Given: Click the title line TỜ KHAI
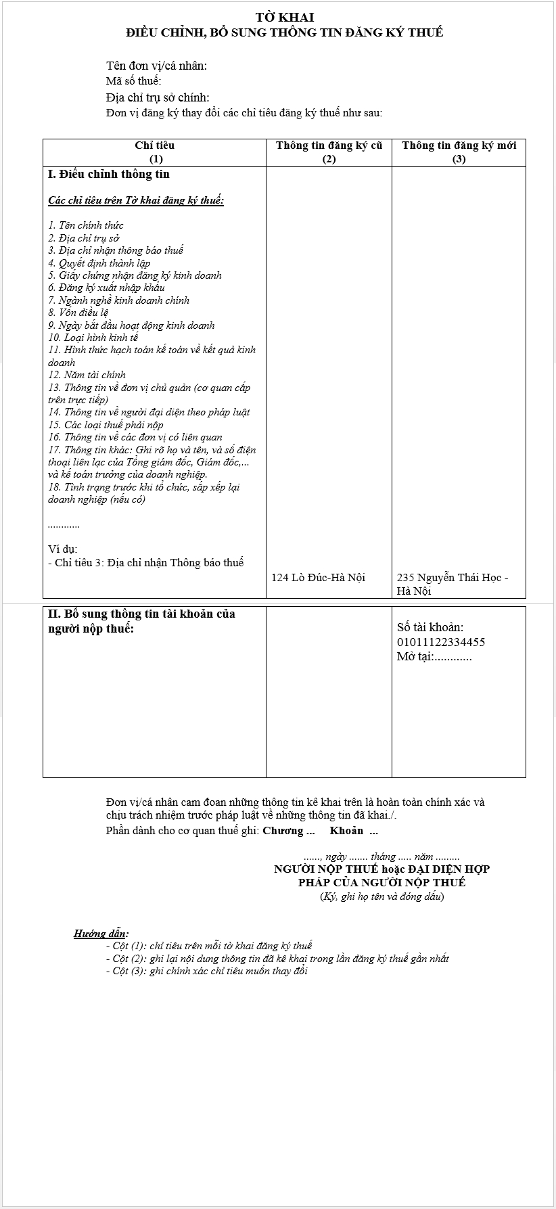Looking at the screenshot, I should (x=284, y=18).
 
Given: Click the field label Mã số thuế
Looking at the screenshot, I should (x=133, y=82).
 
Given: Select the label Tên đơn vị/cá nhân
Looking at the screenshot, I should (x=156, y=66).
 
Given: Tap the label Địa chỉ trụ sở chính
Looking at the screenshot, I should (x=158, y=97).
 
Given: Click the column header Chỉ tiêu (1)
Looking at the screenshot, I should (x=155, y=152).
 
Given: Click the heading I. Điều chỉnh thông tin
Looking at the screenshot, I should (x=109, y=174).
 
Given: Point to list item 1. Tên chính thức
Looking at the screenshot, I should (x=86, y=225).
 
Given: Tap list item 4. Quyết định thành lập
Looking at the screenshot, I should (x=99, y=263).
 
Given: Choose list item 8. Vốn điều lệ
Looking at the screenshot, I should (x=78, y=313).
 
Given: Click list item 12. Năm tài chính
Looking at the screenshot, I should (x=87, y=375).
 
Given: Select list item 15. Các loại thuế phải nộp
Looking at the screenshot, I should (x=106, y=425).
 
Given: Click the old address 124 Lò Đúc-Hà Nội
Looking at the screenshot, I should (x=318, y=577).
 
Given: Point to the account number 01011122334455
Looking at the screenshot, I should (x=441, y=642).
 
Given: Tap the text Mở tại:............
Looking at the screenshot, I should (x=415, y=657).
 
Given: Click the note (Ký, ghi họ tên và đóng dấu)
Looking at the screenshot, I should (x=382, y=896).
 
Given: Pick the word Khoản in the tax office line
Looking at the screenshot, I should (x=346, y=831).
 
